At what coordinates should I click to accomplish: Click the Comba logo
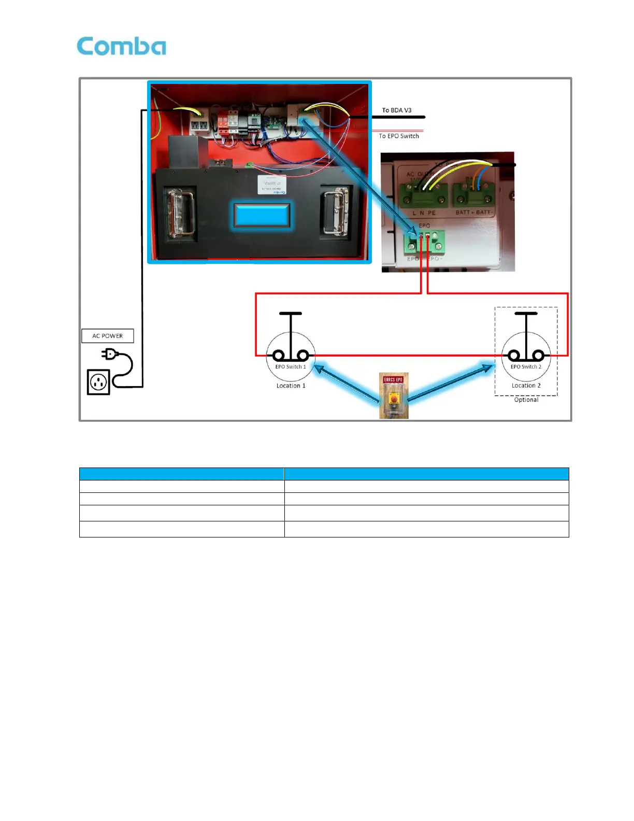[121, 46]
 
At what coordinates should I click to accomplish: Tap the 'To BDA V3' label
[396, 110]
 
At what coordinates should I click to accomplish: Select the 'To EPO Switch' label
[398, 136]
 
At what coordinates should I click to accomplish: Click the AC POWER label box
[108, 336]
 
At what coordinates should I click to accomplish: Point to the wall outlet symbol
[98, 382]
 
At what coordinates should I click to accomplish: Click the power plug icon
[110, 354]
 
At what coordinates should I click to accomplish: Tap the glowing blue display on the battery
[262, 215]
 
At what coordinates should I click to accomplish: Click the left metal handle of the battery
[180, 213]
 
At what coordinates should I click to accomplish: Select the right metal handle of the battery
[335, 211]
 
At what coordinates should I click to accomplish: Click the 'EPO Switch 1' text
[291, 367]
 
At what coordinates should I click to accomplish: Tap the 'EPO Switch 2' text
[526, 367]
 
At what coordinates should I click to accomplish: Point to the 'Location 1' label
[291, 386]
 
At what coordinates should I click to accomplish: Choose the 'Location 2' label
[526, 386]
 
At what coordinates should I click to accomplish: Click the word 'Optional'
[526, 400]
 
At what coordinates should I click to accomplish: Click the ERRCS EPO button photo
[394, 395]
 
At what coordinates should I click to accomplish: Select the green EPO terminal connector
[424, 240]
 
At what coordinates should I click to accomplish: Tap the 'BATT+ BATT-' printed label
[473, 213]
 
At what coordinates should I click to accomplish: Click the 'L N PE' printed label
[424, 213]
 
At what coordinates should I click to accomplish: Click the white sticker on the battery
[272, 185]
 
